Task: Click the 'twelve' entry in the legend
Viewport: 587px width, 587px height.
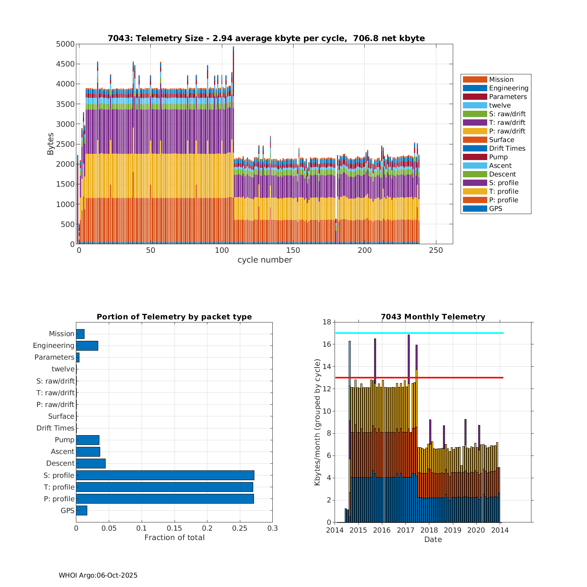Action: pos(500,105)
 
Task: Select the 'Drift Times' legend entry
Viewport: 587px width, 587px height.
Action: pos(507,148)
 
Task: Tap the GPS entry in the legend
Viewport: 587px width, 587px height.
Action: pos(495,209)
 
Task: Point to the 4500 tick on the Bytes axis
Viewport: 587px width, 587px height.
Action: pos(65,64)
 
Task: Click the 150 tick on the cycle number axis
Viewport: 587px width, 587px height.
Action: pos(293,250)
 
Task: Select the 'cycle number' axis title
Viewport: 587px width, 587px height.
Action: pos(265,260)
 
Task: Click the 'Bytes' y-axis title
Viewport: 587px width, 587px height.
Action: pos(50,144)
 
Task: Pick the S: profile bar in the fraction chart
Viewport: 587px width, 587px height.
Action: pos(165,475)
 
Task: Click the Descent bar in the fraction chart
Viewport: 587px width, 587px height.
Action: pos(91,463)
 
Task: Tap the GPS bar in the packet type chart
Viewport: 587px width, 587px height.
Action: pos(81,510)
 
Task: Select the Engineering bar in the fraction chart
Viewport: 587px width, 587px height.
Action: pos(87,346)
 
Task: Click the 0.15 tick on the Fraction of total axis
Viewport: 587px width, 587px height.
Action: pos(175,528)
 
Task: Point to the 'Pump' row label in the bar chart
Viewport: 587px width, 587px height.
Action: pos(65,440)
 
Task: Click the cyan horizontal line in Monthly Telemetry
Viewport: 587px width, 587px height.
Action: pos(419,333)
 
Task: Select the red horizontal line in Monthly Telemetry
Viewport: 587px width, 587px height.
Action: pos(419,378)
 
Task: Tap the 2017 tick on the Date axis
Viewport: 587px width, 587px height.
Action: pos(405,530)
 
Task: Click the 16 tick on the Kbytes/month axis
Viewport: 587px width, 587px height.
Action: pos(326,344)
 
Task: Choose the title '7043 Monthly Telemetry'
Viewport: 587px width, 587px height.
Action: pos(433,317)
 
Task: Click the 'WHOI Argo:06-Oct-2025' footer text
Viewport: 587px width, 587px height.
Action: pos(98,575)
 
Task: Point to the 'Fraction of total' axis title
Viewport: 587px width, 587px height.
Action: pos(175,538)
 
